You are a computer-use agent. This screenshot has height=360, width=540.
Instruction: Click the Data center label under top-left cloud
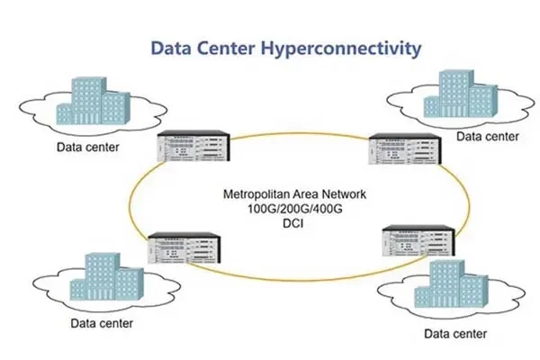coord(89,147)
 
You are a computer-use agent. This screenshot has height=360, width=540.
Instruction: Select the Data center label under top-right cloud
coord(488,137)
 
